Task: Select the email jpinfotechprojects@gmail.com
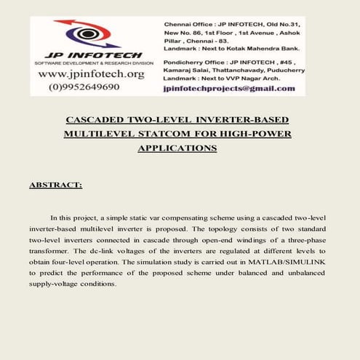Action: click(x=229, y=88)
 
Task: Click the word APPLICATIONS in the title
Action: click(x=177, y=148)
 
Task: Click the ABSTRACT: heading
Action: click(x=55, y=185)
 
